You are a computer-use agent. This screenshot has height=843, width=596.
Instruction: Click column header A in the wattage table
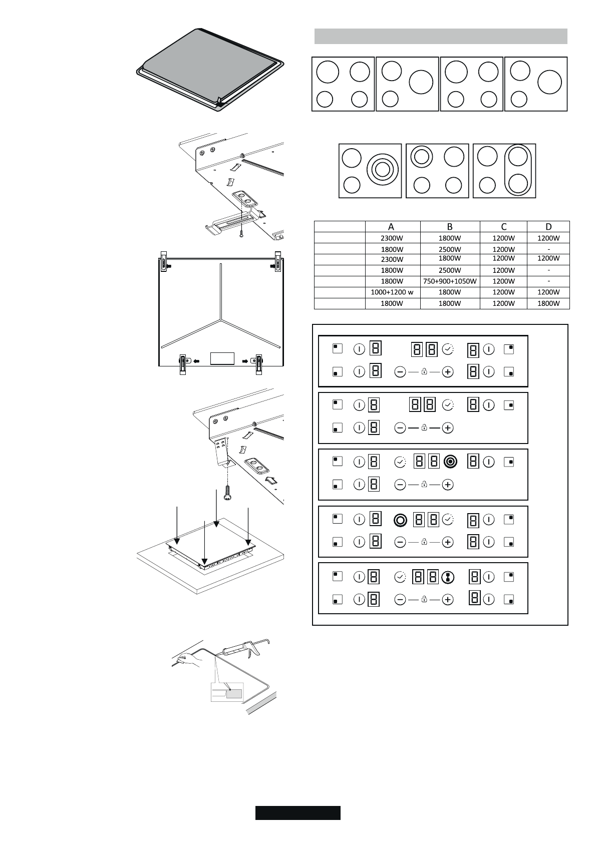392,227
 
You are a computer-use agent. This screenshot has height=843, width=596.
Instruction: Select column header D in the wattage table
548,227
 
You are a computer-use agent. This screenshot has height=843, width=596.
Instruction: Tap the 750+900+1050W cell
449,281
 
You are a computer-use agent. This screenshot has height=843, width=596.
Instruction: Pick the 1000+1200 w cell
392,292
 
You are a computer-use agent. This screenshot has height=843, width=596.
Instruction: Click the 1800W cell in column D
548,303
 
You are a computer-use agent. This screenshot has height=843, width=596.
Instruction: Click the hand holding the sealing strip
188,659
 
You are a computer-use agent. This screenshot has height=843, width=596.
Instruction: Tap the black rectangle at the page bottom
297,812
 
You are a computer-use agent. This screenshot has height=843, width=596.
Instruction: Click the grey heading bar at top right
440,36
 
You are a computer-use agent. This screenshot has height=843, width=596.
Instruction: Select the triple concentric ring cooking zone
382,170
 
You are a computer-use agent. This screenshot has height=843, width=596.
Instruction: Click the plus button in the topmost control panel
448,371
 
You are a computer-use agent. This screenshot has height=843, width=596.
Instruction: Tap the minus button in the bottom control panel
400,599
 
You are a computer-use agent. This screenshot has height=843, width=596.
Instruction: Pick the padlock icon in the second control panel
424,428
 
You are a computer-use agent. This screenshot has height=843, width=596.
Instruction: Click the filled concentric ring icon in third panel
450,462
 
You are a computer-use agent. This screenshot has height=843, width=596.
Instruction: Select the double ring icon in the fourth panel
400,520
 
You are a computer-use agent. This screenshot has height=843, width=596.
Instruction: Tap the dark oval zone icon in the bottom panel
448,577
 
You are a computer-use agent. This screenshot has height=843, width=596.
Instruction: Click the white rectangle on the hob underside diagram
222,358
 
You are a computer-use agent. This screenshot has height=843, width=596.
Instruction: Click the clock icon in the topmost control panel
448,349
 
